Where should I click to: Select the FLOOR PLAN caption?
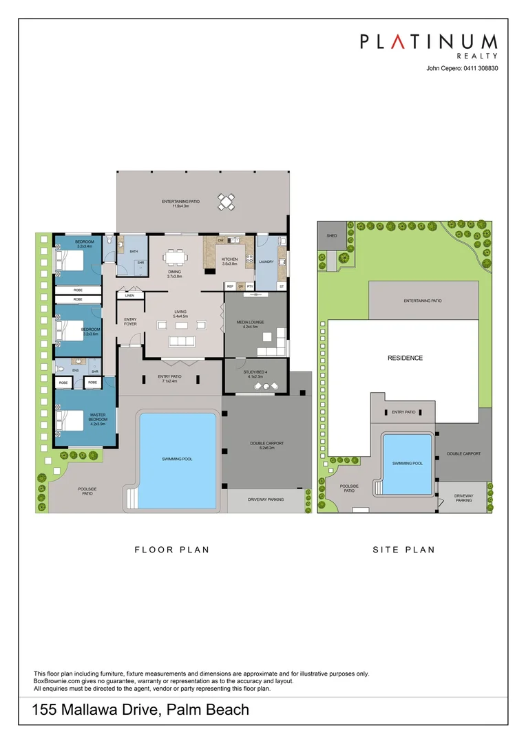(171, 550)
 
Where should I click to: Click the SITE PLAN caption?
(404, 550)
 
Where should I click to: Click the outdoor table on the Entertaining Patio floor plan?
(227, 202)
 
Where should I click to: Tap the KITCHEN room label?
(229, 259)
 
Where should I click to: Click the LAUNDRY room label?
(266, 261)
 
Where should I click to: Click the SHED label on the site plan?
(332, 235)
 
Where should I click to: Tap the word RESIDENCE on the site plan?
(405, 358)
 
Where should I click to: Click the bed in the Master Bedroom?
(69, 419)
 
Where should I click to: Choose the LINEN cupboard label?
(129, 296)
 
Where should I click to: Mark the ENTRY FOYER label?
(130, 321)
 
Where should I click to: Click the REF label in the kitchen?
(230, 286)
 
